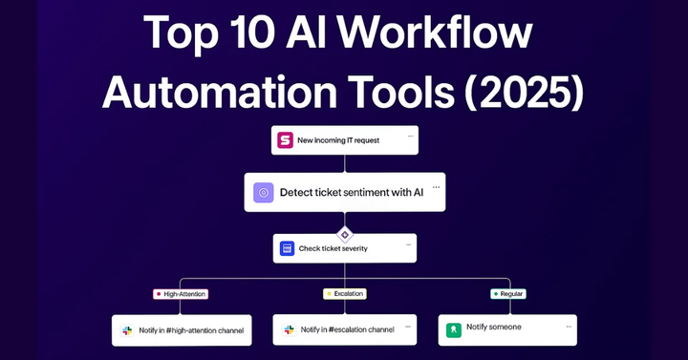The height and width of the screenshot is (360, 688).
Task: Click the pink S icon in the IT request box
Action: [285, 140]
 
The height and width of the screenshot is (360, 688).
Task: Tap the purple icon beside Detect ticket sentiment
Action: [264, 193]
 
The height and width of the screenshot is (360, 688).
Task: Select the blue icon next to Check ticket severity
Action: [286, 248]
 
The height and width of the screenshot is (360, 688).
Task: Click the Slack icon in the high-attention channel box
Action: [127, 330]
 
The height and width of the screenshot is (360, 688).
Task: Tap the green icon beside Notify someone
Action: [453, 329]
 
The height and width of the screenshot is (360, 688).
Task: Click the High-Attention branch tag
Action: [180, 294]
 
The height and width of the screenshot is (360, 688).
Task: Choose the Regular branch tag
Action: [508, 294]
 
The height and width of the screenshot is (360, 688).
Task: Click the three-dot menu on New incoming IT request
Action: [409, 136]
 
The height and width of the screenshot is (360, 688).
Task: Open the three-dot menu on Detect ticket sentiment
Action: [436, 186]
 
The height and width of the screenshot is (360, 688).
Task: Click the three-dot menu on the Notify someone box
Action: [569, 325]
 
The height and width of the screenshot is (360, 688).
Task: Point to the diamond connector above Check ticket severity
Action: [345, 234]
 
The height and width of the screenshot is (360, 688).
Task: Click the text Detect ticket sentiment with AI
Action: [351, 193]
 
